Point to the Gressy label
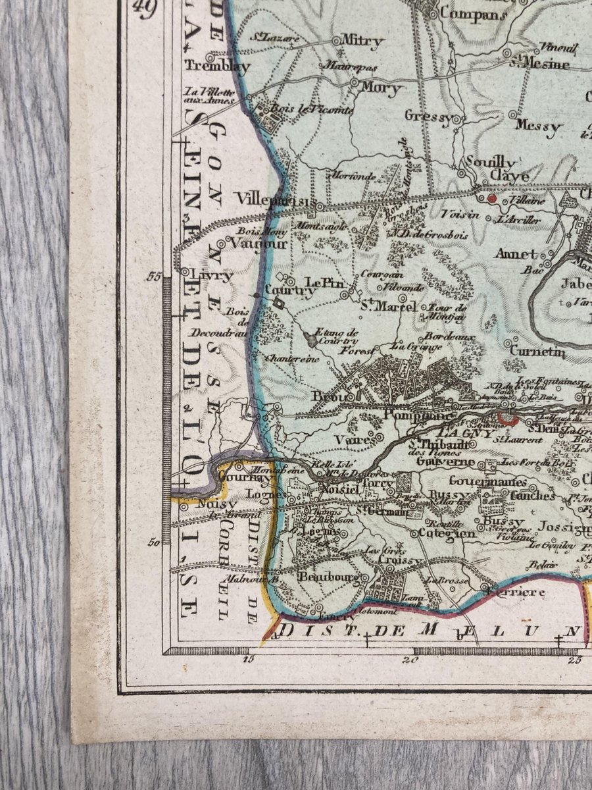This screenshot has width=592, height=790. pos(428,117)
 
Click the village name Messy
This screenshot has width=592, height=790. pos(539,125)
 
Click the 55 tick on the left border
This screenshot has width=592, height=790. pos(155,277)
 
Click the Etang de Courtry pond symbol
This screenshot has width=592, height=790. pos(310,341)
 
